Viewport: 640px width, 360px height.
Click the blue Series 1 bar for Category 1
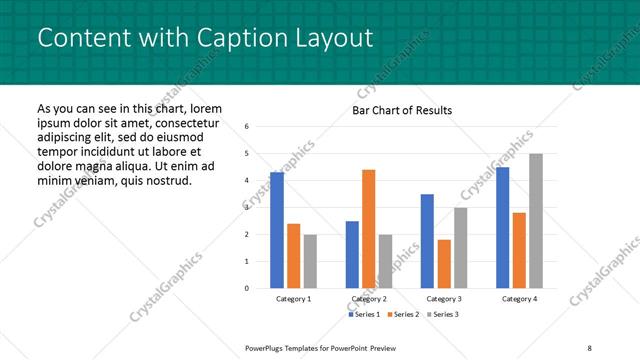pos(277,230)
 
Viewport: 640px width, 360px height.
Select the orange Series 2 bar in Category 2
pos(369,229)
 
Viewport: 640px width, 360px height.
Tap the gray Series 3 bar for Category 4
pos(536,221)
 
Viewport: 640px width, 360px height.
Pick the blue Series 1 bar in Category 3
pos(427,241)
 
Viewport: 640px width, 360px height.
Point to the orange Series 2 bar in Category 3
pos(444,264)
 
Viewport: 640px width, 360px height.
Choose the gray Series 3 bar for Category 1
pos(310,261)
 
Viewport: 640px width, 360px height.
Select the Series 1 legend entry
pos(365,315)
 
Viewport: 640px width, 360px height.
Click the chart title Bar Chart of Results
pos(402,110)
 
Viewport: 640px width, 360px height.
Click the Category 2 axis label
pos(369,299)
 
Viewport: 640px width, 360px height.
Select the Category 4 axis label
pos(519,299)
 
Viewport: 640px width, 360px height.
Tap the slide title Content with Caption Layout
pos(205,38)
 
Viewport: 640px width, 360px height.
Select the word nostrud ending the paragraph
pos(165,180)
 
